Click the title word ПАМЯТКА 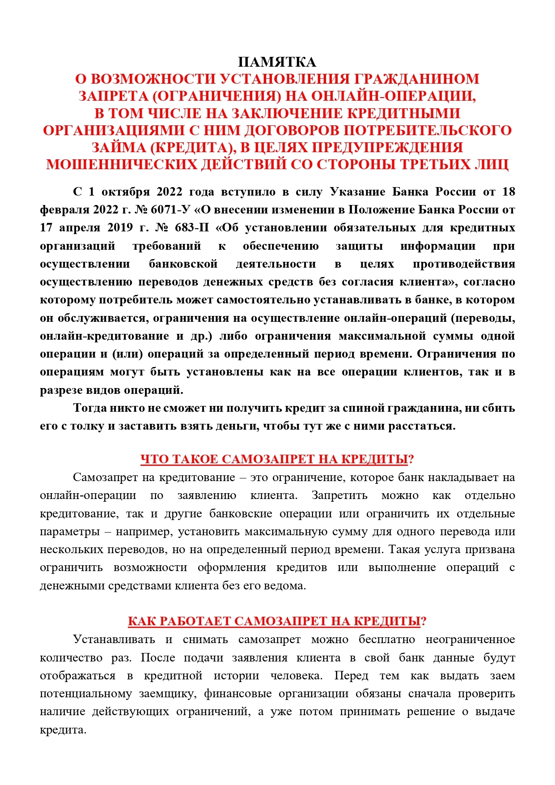tap(277, 62)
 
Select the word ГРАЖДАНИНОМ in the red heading tap(416, 79)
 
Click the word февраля tap(64, 210)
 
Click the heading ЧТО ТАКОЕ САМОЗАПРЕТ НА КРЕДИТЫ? tap(277, 460)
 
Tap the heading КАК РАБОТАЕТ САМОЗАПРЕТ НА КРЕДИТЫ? tap(277, 622)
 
